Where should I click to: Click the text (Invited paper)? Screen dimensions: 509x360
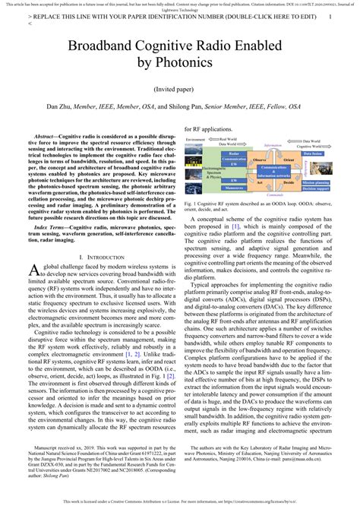(x=179, y=109)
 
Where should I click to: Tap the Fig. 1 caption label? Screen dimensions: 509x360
(x=192, y=204)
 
